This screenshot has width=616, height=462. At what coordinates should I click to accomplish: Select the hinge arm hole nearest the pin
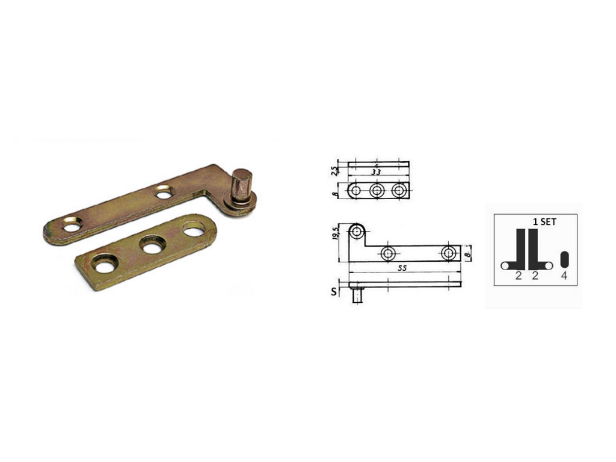(165, 192)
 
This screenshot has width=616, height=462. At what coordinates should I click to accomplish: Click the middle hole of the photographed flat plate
(153, 245)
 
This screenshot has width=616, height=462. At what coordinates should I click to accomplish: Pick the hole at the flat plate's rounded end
(194, 229)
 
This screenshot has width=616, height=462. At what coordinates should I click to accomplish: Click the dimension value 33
(376, 171)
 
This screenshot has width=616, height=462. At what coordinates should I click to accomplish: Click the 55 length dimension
(402, 268)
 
